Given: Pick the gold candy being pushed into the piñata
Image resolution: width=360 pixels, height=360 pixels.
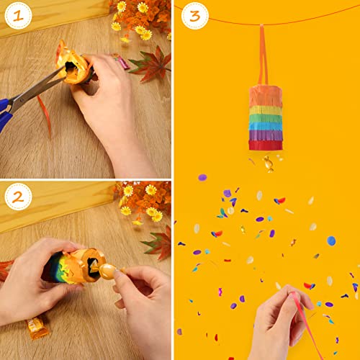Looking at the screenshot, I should tap(108, 270).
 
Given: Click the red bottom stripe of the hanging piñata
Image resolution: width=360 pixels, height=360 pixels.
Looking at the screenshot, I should tap(265, 144).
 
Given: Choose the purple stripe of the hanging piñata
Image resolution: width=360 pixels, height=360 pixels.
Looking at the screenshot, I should tap(265, 134).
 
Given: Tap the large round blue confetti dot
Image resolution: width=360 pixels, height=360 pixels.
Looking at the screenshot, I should tap(331, 240).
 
